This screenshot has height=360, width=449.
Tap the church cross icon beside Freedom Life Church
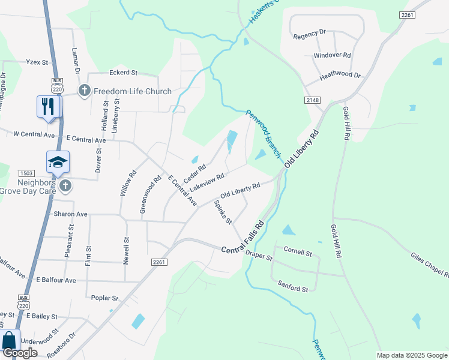pos(84,91)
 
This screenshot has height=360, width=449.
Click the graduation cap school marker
pos(58,162)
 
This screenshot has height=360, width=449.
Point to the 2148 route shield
pos(313,100)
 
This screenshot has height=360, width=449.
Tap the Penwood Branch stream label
pos(264,134)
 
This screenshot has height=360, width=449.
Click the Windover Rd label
pos(332,55)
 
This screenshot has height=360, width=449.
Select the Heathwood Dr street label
pos(340,76)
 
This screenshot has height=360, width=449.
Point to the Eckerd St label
pos(123,73)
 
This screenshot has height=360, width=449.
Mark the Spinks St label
pos(223,212)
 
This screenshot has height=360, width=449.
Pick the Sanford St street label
pos(292,289)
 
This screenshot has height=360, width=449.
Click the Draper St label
pos(259,256)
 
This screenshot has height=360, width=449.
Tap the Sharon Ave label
pos(70,214)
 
